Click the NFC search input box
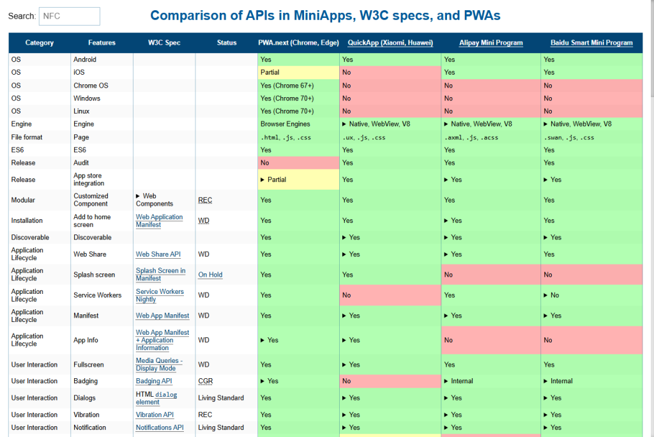click(x=69, y=16)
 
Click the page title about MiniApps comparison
click(x=325, y=15)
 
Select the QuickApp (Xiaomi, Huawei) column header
click(x=390, y=43)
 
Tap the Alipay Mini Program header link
click(x=490, y=43)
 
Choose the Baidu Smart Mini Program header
click(x=591, y=43)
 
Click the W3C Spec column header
click(x=164, y=43)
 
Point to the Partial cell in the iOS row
click(x=270, y=72)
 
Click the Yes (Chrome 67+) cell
click(x=287, y=85)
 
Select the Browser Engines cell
click(x=285, y=124)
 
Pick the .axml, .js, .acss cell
click(x=471, y=137)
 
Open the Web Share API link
click(x=158, y=254)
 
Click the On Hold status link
click(x=210, y=275)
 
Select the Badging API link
click(x=153, y=381)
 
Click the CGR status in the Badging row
click(x=205, y=381)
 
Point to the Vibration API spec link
click(x=154, y=415)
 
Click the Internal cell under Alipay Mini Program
click(x=461, y=381)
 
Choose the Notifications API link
click(x=159, y=427)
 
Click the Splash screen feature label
click(x=94, y=275)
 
